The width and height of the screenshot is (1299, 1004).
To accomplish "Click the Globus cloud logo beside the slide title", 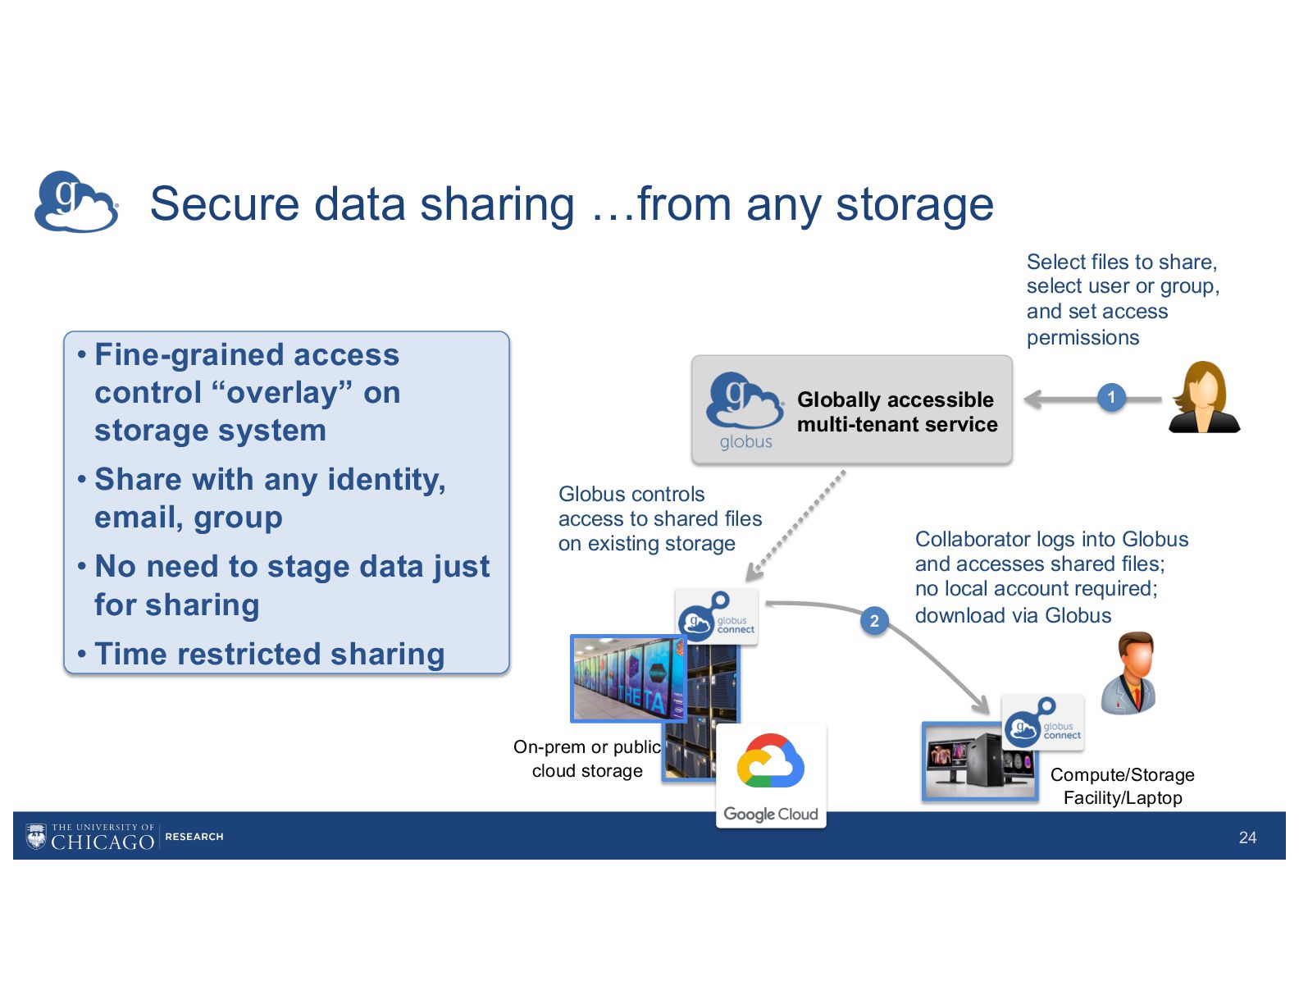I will point(76,202).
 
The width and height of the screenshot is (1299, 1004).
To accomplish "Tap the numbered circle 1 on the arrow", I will point(1111,398).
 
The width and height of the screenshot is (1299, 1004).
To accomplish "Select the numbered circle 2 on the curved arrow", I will point(874,621).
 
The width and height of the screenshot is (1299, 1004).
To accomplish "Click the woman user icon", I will point(1203,397).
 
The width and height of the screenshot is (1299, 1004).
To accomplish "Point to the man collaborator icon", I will point(1130,673).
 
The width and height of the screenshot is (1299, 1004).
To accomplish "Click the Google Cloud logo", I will point(770,776).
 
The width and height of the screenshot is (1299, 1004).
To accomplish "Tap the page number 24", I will point(1247,837).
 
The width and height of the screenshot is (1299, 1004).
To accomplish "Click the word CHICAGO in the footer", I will point(103,842).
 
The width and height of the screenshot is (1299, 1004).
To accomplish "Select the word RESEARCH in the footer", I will point(194,837).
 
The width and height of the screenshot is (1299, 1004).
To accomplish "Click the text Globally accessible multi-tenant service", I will point(897,412).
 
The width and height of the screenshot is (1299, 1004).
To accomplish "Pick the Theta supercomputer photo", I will point(627,678).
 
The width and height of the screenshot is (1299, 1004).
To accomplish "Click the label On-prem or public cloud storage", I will point(587,759).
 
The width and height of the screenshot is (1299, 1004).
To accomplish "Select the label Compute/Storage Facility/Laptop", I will point(1122,786).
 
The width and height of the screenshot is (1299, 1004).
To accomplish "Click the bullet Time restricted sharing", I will point(269,654).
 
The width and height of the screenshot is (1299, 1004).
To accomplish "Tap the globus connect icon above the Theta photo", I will point(716,618).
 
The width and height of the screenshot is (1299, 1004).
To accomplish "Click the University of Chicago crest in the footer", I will point(36,836).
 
